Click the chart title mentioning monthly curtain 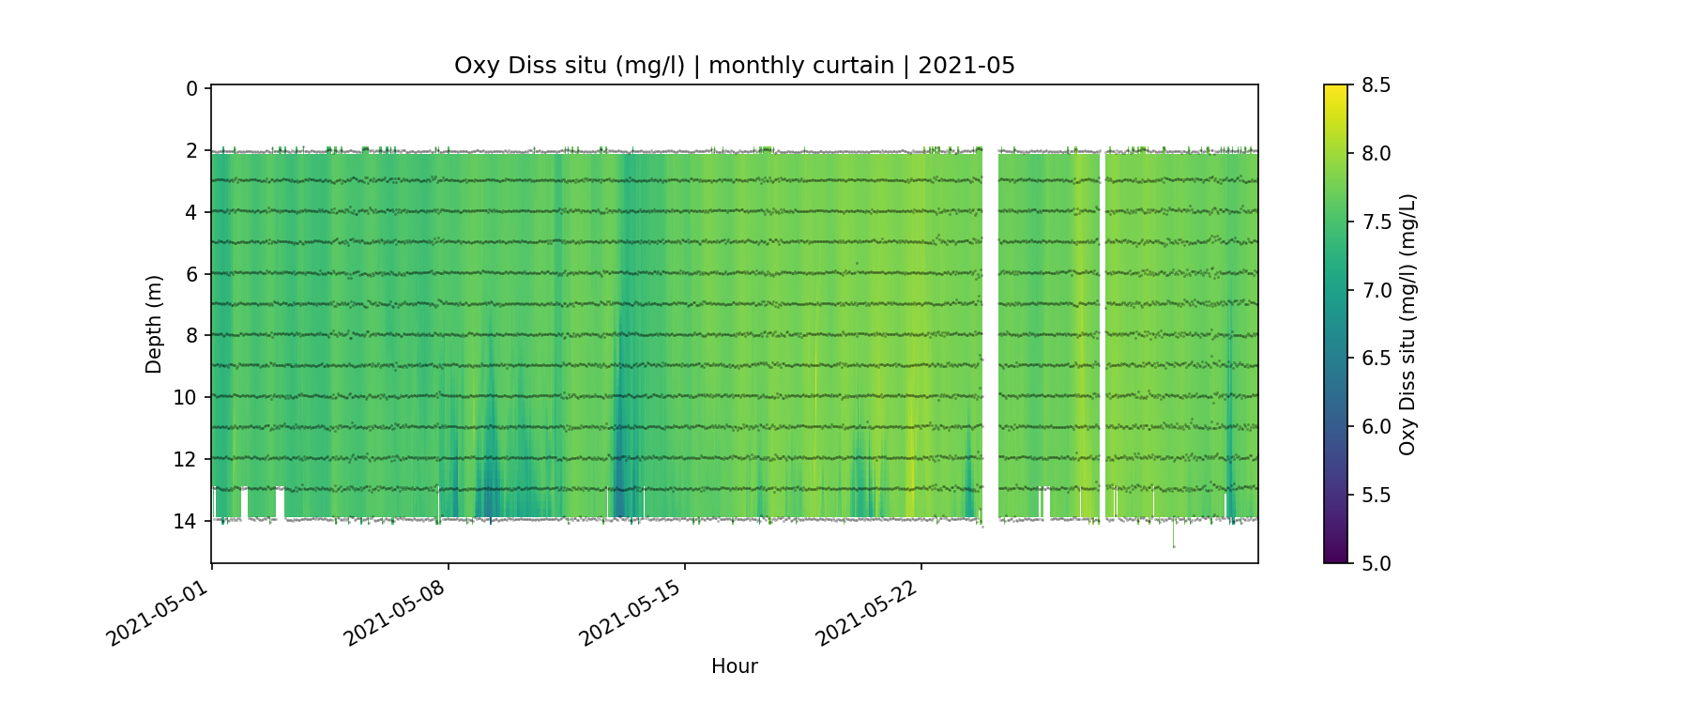tap(734, 66)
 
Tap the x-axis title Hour tap(734, 666)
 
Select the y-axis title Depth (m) tap(154, 324)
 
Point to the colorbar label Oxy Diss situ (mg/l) tap(1407, 324)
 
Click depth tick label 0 tap(191, 89)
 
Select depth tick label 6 tap(191, 274)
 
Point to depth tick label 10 tap(186, 397)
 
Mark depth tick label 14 tap(186, 521)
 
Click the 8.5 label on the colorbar tap(1376, 85)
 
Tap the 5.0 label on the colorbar tap(1376, 563)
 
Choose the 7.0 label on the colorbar tap(1376, 290)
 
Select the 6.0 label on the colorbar tap(1376, 426)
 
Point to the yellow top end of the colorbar tap(1335, 89)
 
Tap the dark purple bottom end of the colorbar tap(1335, 559)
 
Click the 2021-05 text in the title tap(966, 66)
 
